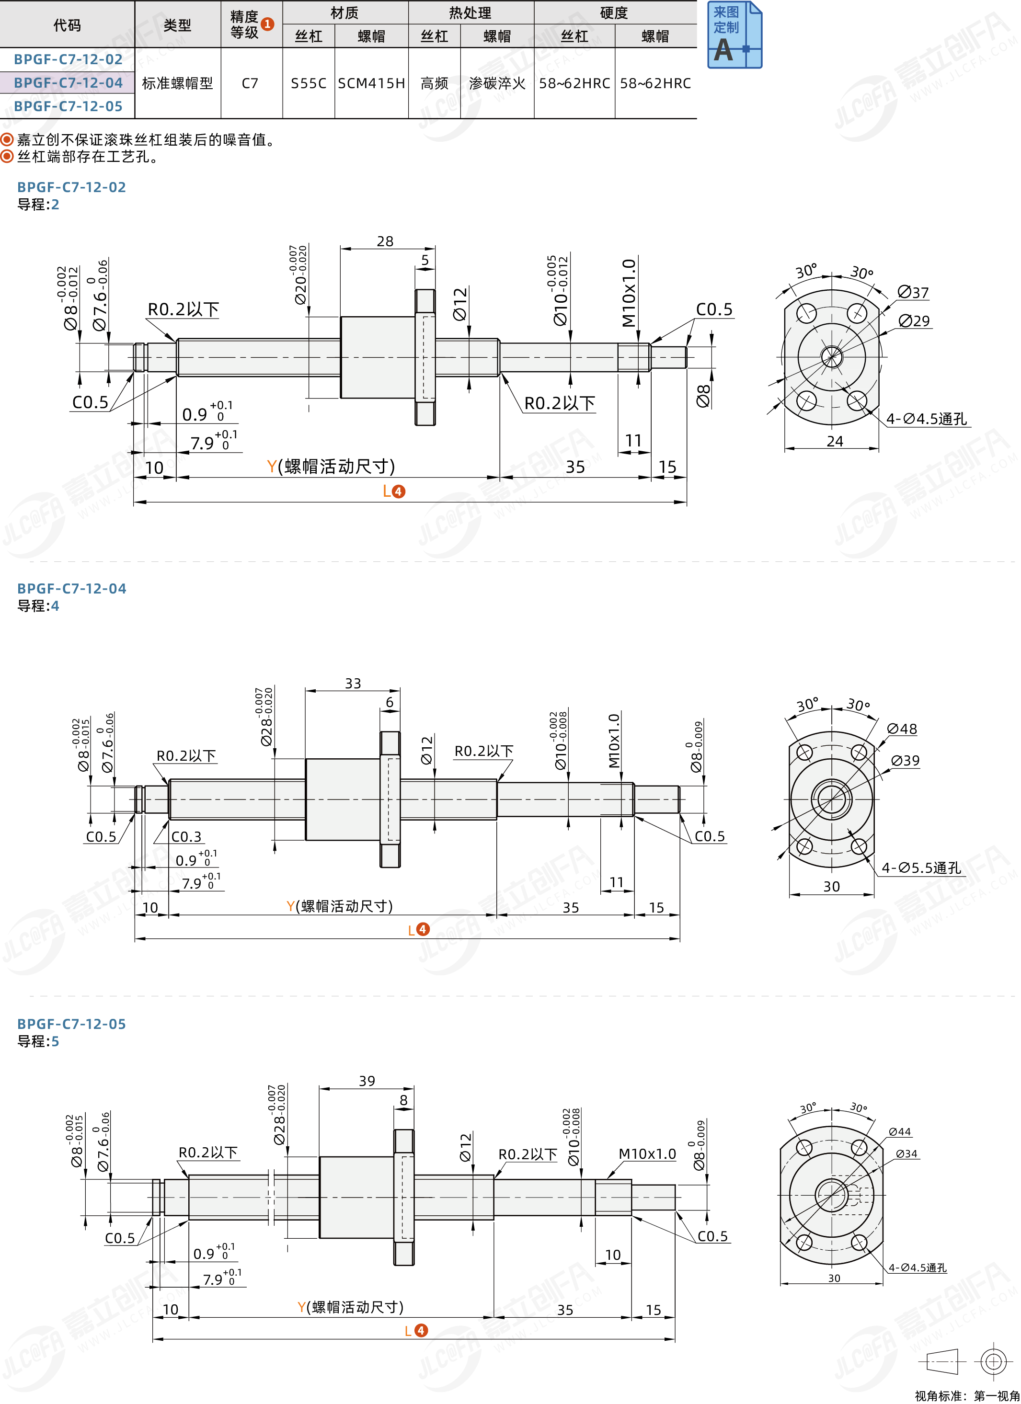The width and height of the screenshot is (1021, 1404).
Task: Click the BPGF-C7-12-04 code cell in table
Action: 68,83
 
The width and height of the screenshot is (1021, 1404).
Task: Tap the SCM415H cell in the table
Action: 371,83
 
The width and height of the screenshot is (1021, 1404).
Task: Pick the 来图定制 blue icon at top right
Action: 734,34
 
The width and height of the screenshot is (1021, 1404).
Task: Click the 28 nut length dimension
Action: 385,241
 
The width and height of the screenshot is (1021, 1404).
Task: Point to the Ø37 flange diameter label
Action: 913,292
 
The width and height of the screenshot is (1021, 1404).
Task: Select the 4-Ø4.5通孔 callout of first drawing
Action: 926,419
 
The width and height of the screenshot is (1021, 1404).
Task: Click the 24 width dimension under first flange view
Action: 835,441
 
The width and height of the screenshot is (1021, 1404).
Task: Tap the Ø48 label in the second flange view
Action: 902,729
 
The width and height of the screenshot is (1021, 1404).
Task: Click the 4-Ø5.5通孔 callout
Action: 921,868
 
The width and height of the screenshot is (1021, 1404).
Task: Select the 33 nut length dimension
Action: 353,684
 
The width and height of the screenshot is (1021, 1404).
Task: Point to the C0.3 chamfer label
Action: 186,837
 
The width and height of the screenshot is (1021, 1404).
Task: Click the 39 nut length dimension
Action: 367,1081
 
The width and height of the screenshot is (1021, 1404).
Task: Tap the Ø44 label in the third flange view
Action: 900,1131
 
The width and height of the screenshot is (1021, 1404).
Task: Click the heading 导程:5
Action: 38,1041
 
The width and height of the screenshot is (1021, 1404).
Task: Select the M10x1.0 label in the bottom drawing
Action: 647,1154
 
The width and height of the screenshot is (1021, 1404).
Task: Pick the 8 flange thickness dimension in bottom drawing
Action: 404,1100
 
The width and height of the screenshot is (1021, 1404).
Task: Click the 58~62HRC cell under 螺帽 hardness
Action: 655,83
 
